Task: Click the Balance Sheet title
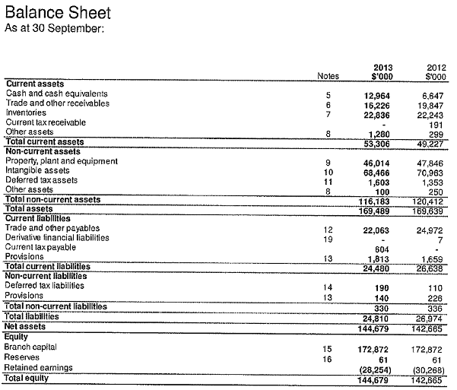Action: [x=58, y=13]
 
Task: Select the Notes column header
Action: [x=328, y=75]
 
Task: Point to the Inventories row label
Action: [x=27, y=113]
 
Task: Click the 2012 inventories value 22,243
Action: [x=430, y=113]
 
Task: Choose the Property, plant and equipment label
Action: [x=62, y=161]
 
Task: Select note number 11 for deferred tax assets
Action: [x=328, y=180]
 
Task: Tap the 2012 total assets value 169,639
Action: [x=428, y=209]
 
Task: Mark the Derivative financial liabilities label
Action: [x=57, y=237]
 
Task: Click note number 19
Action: [x=328, y=238]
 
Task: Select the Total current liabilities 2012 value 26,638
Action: [x=430, y=267]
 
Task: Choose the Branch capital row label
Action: [x=31, y=347]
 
